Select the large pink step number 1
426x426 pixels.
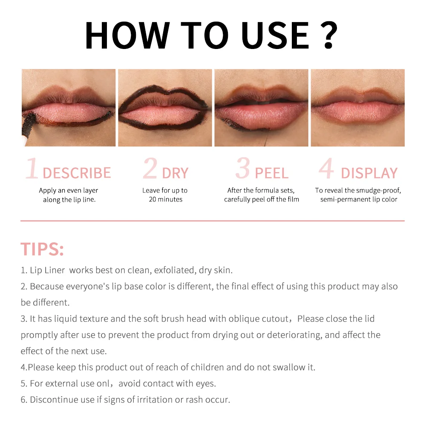point(32,169)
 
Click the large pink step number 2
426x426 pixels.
point(150,169)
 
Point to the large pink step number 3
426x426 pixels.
point(242,169)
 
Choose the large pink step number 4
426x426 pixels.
point(326,169)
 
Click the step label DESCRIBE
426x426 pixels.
point(77,173)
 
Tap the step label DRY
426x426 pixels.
point(175,173)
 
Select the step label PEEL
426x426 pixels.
point(271,173)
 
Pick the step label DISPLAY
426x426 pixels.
point(369,173)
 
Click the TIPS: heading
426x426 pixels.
point(42,249)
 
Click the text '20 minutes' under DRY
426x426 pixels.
point(166,199)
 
